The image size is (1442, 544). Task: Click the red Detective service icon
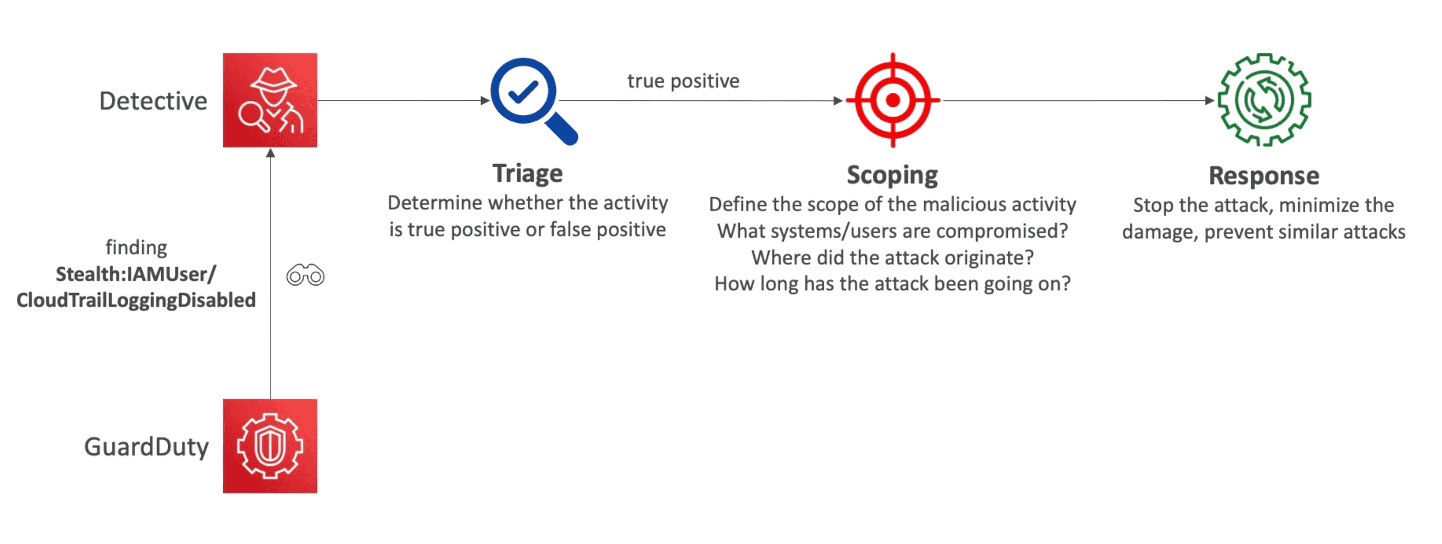coord(270,100)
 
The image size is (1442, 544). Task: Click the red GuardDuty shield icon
coord(270,446)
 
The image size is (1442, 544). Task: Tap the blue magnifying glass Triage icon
coord(533,101)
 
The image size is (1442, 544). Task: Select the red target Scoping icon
coord(893,100)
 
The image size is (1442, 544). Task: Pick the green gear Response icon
coord(1264,100)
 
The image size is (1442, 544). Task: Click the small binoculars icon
coord(306,275)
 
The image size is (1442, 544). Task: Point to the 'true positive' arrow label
coord(683,81)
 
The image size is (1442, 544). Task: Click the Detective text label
coord(153,101)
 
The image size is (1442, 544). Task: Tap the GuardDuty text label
coord(146,447)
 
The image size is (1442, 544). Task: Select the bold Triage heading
coord(527,174)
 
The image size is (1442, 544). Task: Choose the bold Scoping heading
coord(892,175)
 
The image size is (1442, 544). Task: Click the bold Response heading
coord(1264,176)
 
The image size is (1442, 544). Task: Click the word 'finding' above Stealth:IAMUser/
coord(137,248)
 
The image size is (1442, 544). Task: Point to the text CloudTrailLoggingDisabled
coord(136,300)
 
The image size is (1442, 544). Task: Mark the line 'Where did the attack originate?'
coord(892,258)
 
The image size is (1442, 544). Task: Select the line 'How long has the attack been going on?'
coord(892,284)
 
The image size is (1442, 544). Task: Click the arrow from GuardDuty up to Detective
coord(270,273)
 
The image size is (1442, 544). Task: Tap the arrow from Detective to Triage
coord(404,101)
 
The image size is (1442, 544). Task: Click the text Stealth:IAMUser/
coord(136,274)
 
